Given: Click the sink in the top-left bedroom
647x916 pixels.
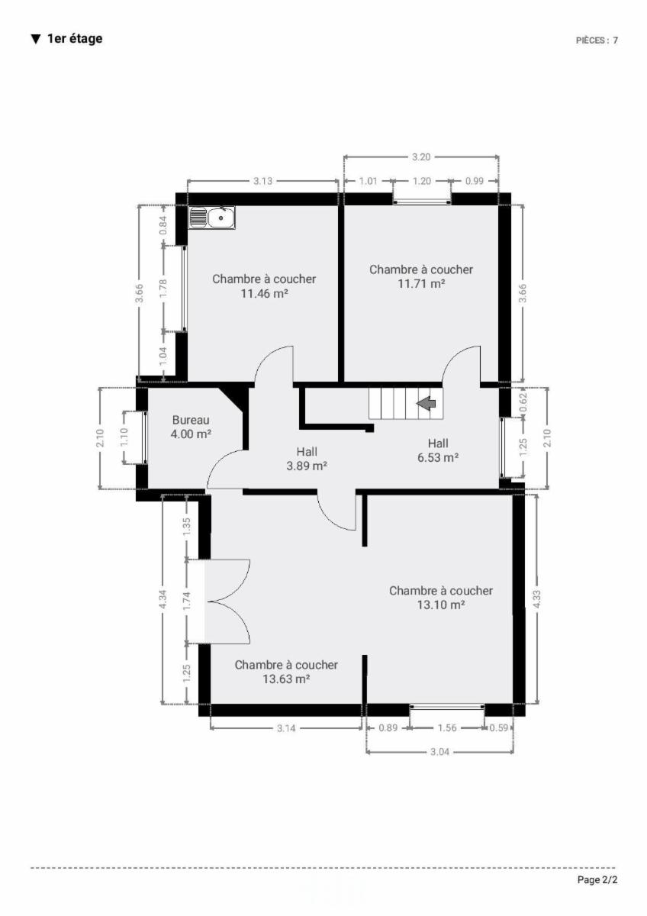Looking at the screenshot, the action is (211, 218).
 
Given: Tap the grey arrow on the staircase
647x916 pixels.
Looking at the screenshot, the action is (426, 404).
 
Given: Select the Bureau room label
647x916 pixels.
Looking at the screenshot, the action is (191, 420).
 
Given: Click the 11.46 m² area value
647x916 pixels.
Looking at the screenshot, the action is (265, 294).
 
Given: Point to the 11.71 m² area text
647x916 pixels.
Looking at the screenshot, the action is (421, 283).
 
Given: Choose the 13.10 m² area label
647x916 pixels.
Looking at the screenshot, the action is (441, 605).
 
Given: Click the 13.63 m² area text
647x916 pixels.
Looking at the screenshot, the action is (286, 679).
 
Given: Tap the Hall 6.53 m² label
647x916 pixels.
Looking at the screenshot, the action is (438, 450).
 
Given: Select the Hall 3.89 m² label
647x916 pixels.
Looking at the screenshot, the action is (307, 459).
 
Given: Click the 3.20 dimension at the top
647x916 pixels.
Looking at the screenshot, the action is (421, 157).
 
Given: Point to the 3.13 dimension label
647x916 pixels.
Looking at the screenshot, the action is (262, 181).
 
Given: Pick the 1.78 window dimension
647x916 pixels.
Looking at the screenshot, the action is (163, 289).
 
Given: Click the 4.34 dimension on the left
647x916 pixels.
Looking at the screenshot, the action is (163, 599).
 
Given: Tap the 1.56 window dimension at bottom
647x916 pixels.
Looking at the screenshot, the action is (447, 728).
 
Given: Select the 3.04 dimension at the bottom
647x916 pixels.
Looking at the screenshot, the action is (439, 752).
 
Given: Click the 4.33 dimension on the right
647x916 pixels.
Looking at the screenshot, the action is (537, 599).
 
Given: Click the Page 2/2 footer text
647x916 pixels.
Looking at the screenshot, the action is (597, 880).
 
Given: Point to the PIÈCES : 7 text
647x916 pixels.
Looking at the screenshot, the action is (597, 40).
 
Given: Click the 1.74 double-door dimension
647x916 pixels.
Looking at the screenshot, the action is (187, 602).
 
